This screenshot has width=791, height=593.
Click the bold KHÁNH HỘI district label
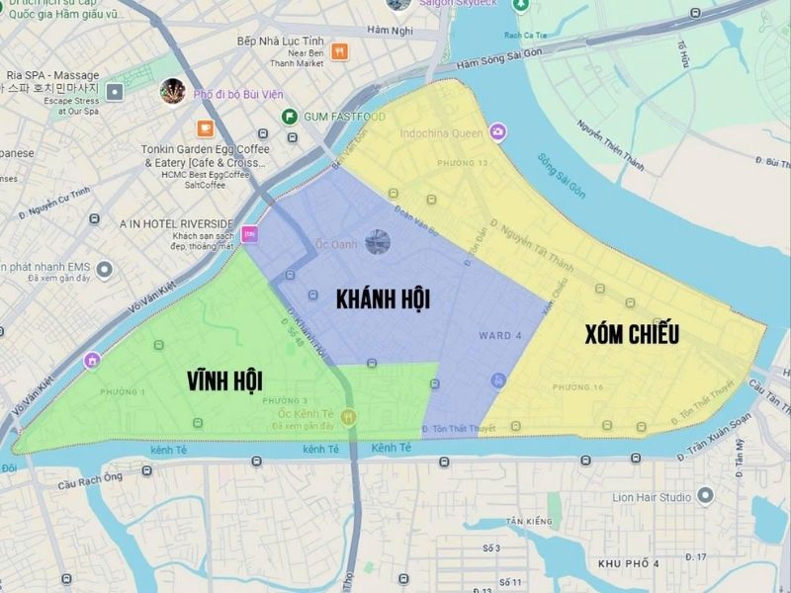coord(384,298)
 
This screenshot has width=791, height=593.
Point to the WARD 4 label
coord(500,335)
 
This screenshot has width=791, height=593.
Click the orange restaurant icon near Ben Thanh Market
coord(340,51)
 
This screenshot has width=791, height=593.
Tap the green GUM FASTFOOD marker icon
coord(290,117)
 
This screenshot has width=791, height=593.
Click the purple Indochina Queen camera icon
coord(497,131)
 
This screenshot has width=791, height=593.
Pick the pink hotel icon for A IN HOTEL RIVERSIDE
coord(249,233)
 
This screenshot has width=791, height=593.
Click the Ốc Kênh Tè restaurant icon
coord(348,418)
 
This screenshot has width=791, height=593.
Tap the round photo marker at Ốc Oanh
coord(377,241)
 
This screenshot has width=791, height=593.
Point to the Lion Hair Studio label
coord(651,497)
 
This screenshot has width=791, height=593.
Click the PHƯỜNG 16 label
coord(577,386)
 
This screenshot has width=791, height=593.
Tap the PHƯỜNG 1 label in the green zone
coord(122,392)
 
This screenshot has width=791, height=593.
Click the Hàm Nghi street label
coord(389,32)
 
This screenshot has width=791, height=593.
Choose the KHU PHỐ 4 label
coord(629,562)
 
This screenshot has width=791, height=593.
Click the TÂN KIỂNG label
coord(528,521)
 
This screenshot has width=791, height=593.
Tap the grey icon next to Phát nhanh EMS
coord(115,269)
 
